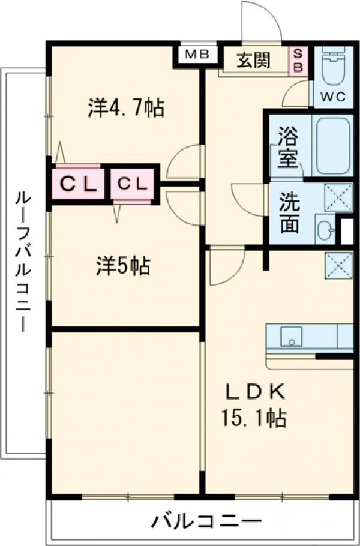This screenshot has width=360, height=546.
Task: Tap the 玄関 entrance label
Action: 253,60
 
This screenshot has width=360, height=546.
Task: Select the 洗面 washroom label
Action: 290,212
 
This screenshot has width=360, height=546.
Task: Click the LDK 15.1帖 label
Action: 255,405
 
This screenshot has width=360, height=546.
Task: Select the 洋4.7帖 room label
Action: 126,108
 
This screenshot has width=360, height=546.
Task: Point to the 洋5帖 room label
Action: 124,265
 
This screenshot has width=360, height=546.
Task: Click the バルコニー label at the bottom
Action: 206,520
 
